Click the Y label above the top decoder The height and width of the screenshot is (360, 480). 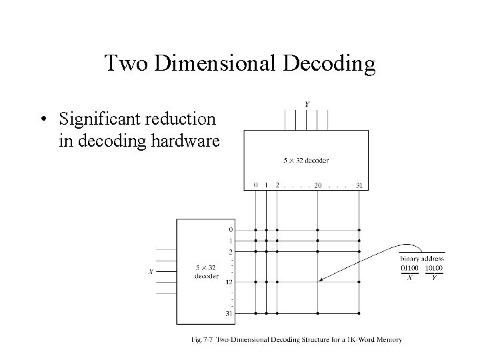[306, 105]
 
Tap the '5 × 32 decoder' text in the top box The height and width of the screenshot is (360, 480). [306, 161]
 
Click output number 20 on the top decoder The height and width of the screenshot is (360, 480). [317, 185]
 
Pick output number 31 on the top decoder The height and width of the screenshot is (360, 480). [359, 185]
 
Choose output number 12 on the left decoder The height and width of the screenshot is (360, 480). [230, 282]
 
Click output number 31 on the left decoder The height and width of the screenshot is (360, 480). [230, 312]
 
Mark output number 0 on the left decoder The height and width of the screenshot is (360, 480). [231, 231]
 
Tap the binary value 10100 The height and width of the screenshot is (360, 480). [433, 268]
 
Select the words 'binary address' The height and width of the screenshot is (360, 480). [422, 259]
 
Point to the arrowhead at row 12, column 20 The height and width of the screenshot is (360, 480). [321, 280]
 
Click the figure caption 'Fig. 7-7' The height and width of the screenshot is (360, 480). [201, 340]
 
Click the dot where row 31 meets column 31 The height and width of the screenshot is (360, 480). [359, 312]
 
